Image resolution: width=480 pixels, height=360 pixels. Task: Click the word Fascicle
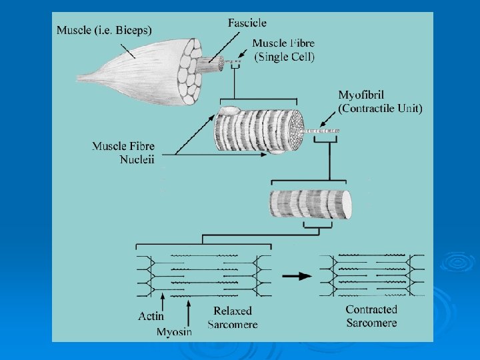248,23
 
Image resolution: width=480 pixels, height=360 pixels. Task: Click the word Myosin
174,331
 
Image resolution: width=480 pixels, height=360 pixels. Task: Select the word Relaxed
233,311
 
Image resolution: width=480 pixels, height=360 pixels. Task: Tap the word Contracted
371,309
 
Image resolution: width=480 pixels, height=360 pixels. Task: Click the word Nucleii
138,159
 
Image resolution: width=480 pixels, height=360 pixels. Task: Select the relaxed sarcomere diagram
203,275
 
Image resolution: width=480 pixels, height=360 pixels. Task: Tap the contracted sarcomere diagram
371,274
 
